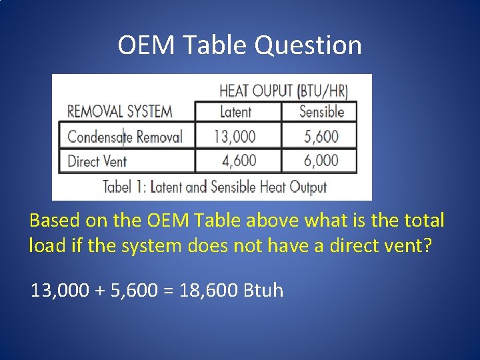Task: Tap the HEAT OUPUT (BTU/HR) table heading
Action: (x=283, y=91)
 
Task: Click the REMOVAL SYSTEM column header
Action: (x=119, y=111)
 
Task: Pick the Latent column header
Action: (x=235, y=112)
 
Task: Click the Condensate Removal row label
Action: (x=125, y=137)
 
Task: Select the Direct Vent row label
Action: (x=97, y=161)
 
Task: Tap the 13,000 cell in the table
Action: (x=234, y=137)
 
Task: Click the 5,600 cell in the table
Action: (x=321, y=137)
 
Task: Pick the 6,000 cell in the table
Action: (x=321, y=161)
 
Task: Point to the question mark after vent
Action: (x=428, y=245)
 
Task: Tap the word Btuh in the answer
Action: (x=265, y=291)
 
